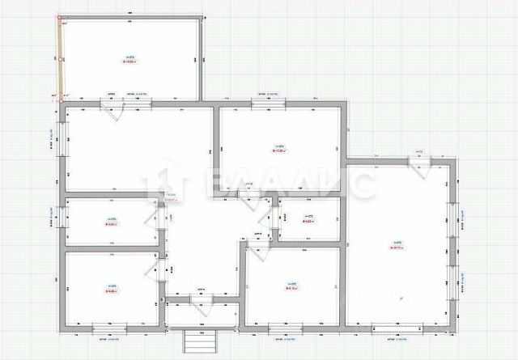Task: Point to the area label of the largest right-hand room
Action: pos(397,246)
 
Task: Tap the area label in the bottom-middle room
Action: pos(291,286)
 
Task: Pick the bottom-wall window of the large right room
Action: pos(397,326)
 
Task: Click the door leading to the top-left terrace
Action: pos(113,106)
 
